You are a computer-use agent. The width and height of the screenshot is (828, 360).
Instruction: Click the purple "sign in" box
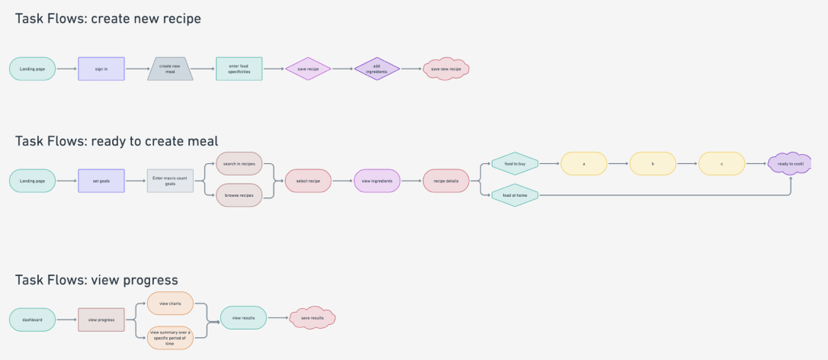pos(101,69)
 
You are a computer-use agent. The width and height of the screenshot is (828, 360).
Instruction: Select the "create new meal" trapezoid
pos(170,69)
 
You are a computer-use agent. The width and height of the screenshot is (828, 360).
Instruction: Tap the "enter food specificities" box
pos(239,69)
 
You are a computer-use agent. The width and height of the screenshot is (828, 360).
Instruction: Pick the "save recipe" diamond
pos(308,69)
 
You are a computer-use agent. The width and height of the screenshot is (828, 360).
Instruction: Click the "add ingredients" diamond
pos(377,69)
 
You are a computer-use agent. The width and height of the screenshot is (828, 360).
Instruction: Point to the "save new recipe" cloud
pos(446,69)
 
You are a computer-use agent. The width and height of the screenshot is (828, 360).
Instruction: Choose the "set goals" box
pos(101,181)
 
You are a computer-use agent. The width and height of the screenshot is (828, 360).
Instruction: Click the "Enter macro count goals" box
pos(170,181)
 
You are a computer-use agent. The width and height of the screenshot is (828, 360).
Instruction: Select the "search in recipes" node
pos(239,164)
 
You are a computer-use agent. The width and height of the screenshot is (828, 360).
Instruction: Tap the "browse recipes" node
pos(239,195)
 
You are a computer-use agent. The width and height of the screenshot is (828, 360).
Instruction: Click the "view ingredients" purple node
pos(377,181)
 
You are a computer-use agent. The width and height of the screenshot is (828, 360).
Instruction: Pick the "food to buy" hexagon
pos(515,163)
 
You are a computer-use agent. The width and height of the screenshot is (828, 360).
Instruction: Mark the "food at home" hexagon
pos(515,195)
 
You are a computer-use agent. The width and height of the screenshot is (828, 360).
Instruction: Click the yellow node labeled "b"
pos(653,163)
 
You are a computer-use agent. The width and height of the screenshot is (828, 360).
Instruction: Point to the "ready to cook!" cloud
pos(790,163)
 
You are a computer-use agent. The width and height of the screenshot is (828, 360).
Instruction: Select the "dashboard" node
pos(32,320)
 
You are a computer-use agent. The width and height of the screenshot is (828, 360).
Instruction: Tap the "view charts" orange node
pos(169,304)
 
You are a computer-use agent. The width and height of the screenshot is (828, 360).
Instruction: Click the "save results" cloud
pos(313,318)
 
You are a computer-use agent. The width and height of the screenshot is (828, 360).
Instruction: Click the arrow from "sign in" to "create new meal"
pos(137,69)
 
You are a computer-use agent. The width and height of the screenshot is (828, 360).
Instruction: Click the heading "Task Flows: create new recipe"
pos(108,18)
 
